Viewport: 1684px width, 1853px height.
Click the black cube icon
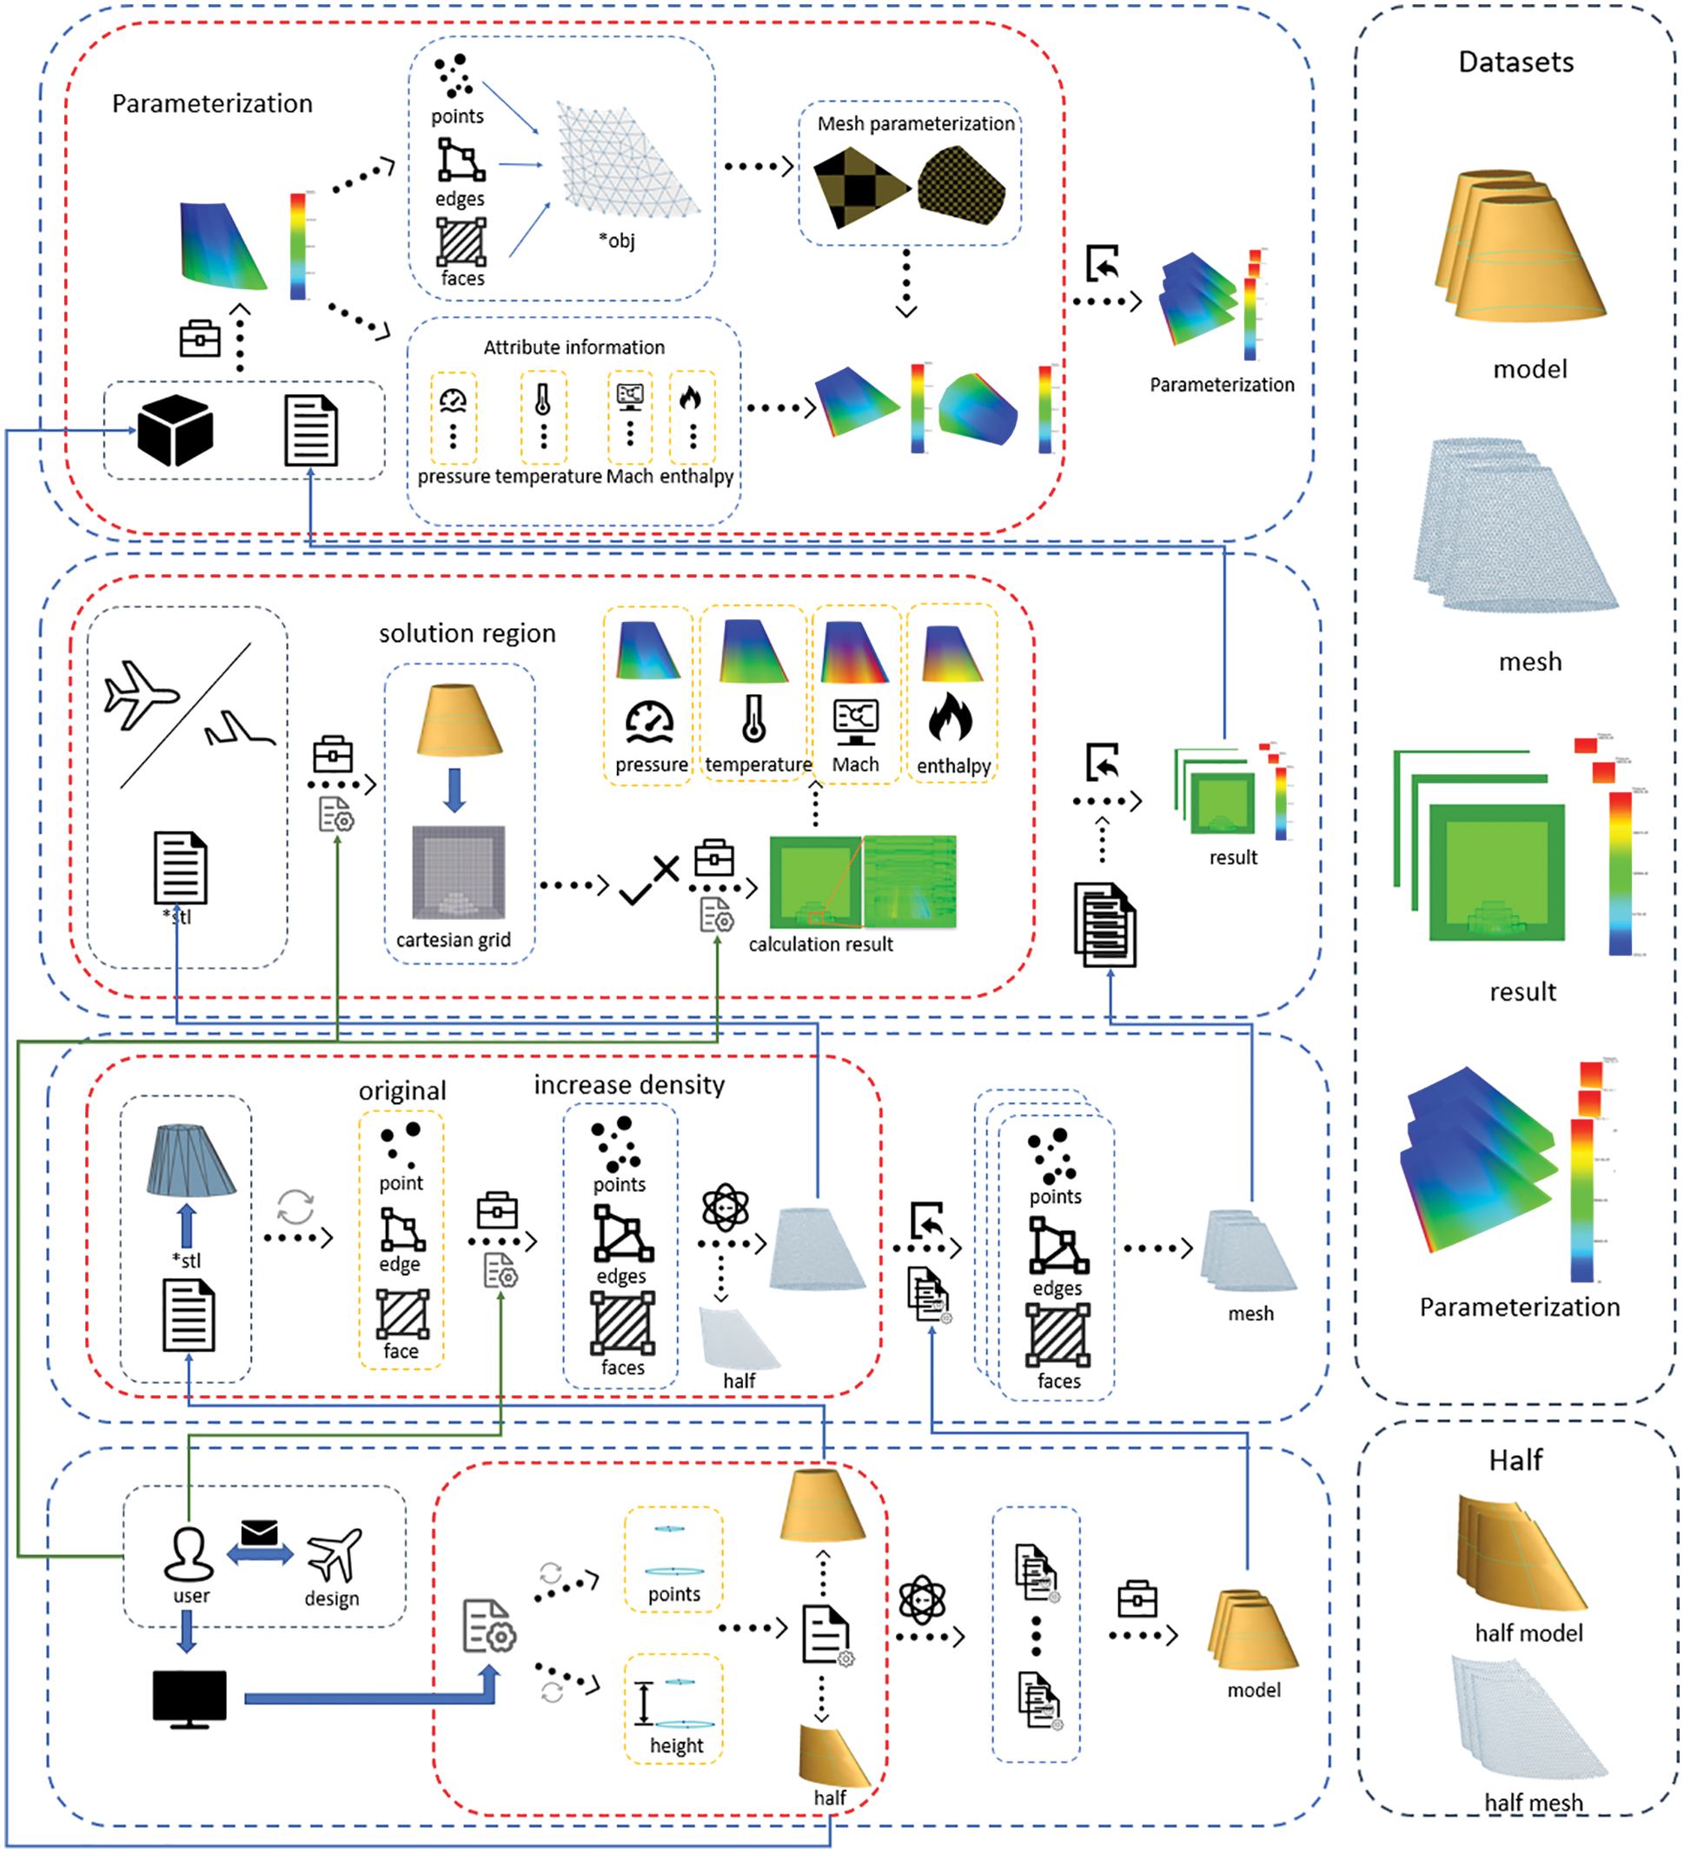[x=175, y=430]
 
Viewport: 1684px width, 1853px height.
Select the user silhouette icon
[x=189, y=1552]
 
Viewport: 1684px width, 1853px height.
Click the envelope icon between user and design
[x=259, y=1532]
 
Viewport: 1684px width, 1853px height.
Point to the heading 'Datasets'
[x=1515, y=62]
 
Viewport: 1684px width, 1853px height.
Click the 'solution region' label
[x=467, y=633]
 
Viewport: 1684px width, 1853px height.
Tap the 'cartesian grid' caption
[x=454, y=939]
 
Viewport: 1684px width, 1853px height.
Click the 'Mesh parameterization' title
[x=916, y=123]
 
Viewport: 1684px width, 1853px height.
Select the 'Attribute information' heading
[x=573, y=347]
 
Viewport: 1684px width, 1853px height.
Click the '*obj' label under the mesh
[x=617, y=241]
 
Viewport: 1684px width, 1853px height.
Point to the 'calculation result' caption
[x=820, y=944]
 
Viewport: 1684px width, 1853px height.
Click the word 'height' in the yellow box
[x=677, y=1744]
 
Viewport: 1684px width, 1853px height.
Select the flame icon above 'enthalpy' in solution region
[x=951, y=717]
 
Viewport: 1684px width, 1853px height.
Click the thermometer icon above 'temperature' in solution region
[x=753, y=718]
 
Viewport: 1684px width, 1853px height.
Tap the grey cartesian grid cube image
[x=458, y=871]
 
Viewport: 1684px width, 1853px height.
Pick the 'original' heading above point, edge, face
[x=401, y=1090]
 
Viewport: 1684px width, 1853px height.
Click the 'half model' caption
[x=1528, y=1632]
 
